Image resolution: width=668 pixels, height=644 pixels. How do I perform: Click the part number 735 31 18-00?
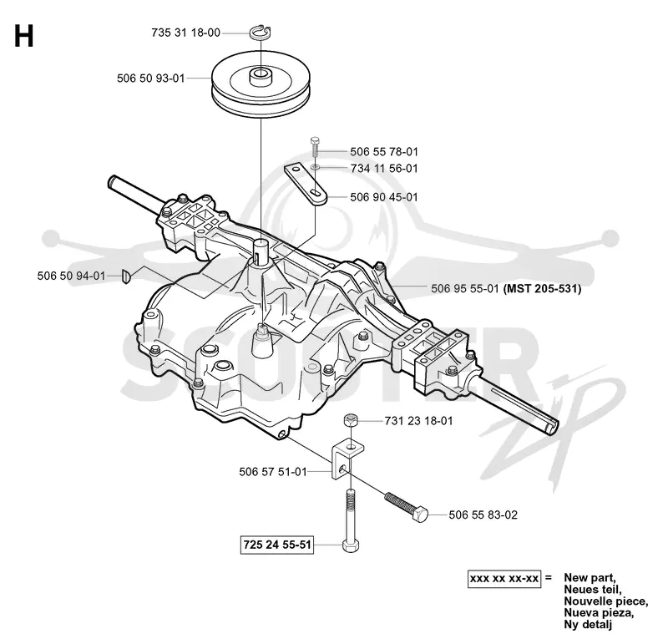click(185, 33)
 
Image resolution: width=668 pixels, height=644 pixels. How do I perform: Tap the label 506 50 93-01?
click(151, 79)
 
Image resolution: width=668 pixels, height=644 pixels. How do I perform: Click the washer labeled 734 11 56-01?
click(316, 167)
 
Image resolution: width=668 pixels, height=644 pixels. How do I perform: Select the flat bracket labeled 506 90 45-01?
click(306, 185)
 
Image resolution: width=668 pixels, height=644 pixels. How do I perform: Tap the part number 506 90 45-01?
click(384, 197)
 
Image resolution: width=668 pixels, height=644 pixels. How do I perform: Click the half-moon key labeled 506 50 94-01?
click(127, 276)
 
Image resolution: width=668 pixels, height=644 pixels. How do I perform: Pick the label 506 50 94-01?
click(71, 276)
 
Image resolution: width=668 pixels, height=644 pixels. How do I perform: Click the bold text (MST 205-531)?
click(542, 289)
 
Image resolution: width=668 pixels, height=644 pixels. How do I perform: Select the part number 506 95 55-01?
click(465, 289)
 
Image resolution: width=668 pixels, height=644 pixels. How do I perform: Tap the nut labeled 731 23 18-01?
click(350, 420)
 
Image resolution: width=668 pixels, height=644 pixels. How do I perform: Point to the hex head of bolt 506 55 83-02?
click(420, 514)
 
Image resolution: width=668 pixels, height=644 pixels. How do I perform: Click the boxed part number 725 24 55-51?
click(277, 545)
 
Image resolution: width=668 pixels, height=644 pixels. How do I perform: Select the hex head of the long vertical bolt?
click(350, 545)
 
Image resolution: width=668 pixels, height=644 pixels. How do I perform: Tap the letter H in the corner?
click(24, 36)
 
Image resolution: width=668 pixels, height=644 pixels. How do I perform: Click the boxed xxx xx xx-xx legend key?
click(504, 579)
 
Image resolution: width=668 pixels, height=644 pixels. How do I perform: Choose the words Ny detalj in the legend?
click(588, 625)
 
